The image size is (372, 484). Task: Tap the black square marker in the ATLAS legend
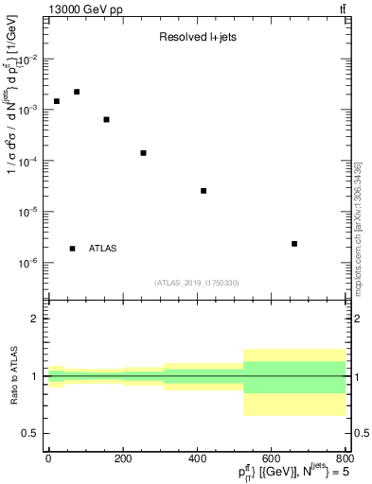(73, 249)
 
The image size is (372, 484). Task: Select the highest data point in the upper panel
(77, 92)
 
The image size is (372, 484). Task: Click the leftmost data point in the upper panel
(57, 101)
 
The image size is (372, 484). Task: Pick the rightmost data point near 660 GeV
(294, 244)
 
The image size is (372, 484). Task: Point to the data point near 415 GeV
(204, 191)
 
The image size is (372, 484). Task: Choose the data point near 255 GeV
(143, 153)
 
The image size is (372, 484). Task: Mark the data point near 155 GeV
(106, 119)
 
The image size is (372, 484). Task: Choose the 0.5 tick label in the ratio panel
(31, 433)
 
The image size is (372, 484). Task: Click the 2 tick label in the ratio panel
(36, 319)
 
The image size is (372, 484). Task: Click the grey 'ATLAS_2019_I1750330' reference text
(197, 283)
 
